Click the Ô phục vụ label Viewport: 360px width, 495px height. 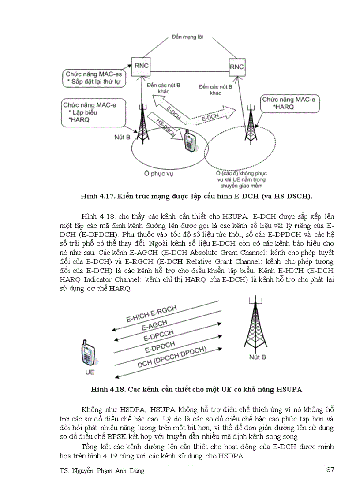[x=159, y=174]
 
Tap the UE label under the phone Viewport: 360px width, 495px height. [x=90, y=372]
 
